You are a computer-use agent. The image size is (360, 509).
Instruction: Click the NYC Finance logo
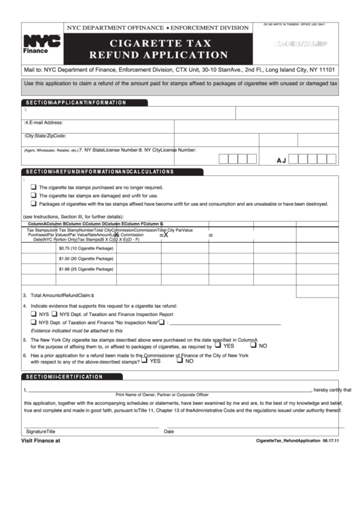pyautogui.click(x=41, y=44)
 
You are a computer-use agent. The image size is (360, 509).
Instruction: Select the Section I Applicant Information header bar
pyautogui.click(x=75, y=103)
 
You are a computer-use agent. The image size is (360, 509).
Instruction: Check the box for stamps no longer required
pyautogui.click(x=33, y=187)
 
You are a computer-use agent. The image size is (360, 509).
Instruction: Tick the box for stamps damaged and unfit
pyautogui.click(x=33, y=195)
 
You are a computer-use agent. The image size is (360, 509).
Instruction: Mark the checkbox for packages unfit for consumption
pyautogui.click(x=33, y=203)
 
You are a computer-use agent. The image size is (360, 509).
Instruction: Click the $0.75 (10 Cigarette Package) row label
pyautogui.click(x=86, y=248)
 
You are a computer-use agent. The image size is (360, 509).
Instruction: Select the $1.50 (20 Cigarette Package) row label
pyautogui.click(x=86, y=258)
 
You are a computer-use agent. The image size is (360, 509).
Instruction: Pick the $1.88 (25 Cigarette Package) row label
pyautogui.click(x=86, y=269)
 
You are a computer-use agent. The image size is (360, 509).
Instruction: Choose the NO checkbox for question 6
pyautogui.click(x=179, y=361)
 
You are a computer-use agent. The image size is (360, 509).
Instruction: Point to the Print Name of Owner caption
pyautogui.click(x=162, y=395)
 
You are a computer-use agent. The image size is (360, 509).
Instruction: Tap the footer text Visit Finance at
pyautogui.click(x=41, y=440)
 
